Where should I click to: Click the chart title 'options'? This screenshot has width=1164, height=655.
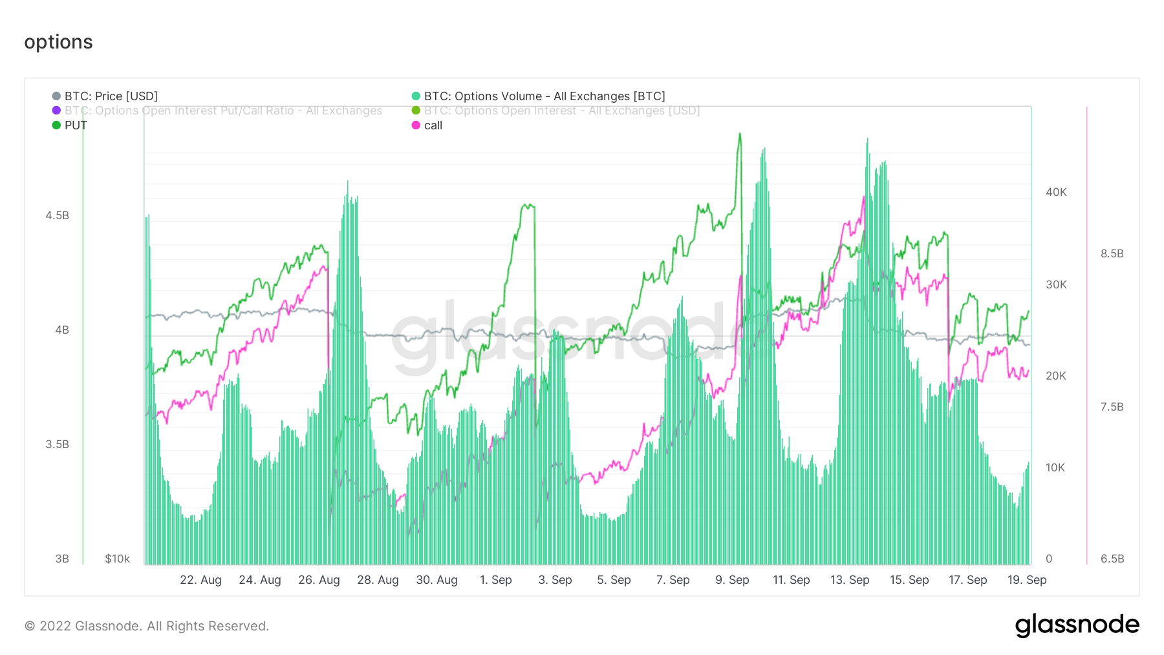point(58,42)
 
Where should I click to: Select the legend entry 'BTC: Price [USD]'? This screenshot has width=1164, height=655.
point(111,96)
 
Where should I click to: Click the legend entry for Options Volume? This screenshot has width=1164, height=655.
point(544,96)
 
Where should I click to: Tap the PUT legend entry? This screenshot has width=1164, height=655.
point(75,125)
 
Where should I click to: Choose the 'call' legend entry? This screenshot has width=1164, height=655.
point(433,125)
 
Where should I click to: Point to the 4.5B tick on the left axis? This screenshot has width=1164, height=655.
point(57,215)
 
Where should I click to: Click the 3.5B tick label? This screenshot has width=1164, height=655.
point(57,444)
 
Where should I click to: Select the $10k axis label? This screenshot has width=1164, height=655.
point(117,559)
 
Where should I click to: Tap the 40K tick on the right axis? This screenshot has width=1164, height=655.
point(1056,192)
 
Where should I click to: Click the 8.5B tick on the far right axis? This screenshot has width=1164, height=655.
point(1112,253)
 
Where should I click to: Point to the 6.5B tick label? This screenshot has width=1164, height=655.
point(1112,559)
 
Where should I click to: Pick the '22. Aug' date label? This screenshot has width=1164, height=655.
point(200,580)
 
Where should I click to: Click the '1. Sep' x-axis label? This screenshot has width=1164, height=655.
point(495,580)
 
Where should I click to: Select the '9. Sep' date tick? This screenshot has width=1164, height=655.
point(732,580)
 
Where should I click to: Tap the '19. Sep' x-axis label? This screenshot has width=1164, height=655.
point(1026,580)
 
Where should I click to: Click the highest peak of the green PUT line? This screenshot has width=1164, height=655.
point(740,134)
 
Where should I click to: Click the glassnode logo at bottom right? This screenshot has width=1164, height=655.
point(1077,625)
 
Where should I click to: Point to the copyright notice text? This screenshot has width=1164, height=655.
point(147,626)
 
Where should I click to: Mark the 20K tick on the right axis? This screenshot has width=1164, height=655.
point(1056,376)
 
